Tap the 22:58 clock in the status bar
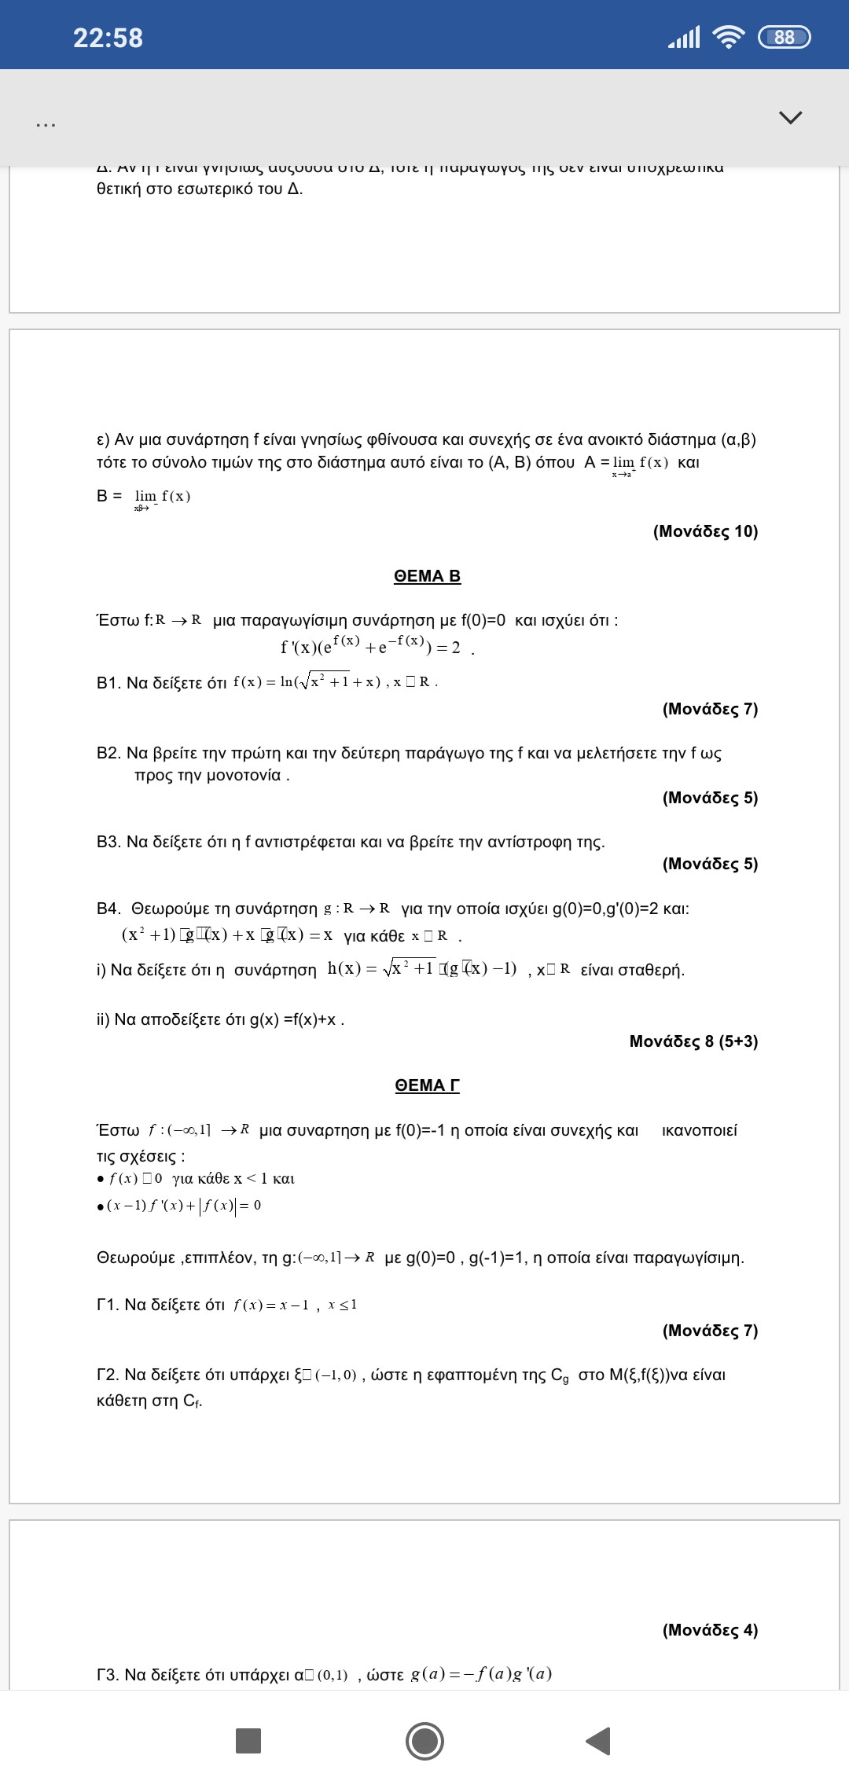[x=108, y=38]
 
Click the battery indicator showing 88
[x=784, y=37]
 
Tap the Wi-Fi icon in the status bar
[x=728, y=37]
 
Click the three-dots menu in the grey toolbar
[x=46, y=125]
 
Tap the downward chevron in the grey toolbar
[x=790, y=118]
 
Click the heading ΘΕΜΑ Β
[x=427, y=576]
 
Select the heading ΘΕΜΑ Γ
[x=427, y=1085]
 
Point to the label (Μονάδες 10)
[x=705, y=531]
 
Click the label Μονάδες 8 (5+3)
[x=693, y=1041]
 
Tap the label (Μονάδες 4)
[x=710, y=1630]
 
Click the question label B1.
[x=108, y=683]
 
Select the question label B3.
[x=108, y=843]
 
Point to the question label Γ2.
[x=108, y=1375]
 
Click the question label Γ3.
[x=108, y=1675]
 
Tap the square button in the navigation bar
[x=248, y=1741]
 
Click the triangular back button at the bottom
[x=599, y=1741]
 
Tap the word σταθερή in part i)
[x=632, y=970]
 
